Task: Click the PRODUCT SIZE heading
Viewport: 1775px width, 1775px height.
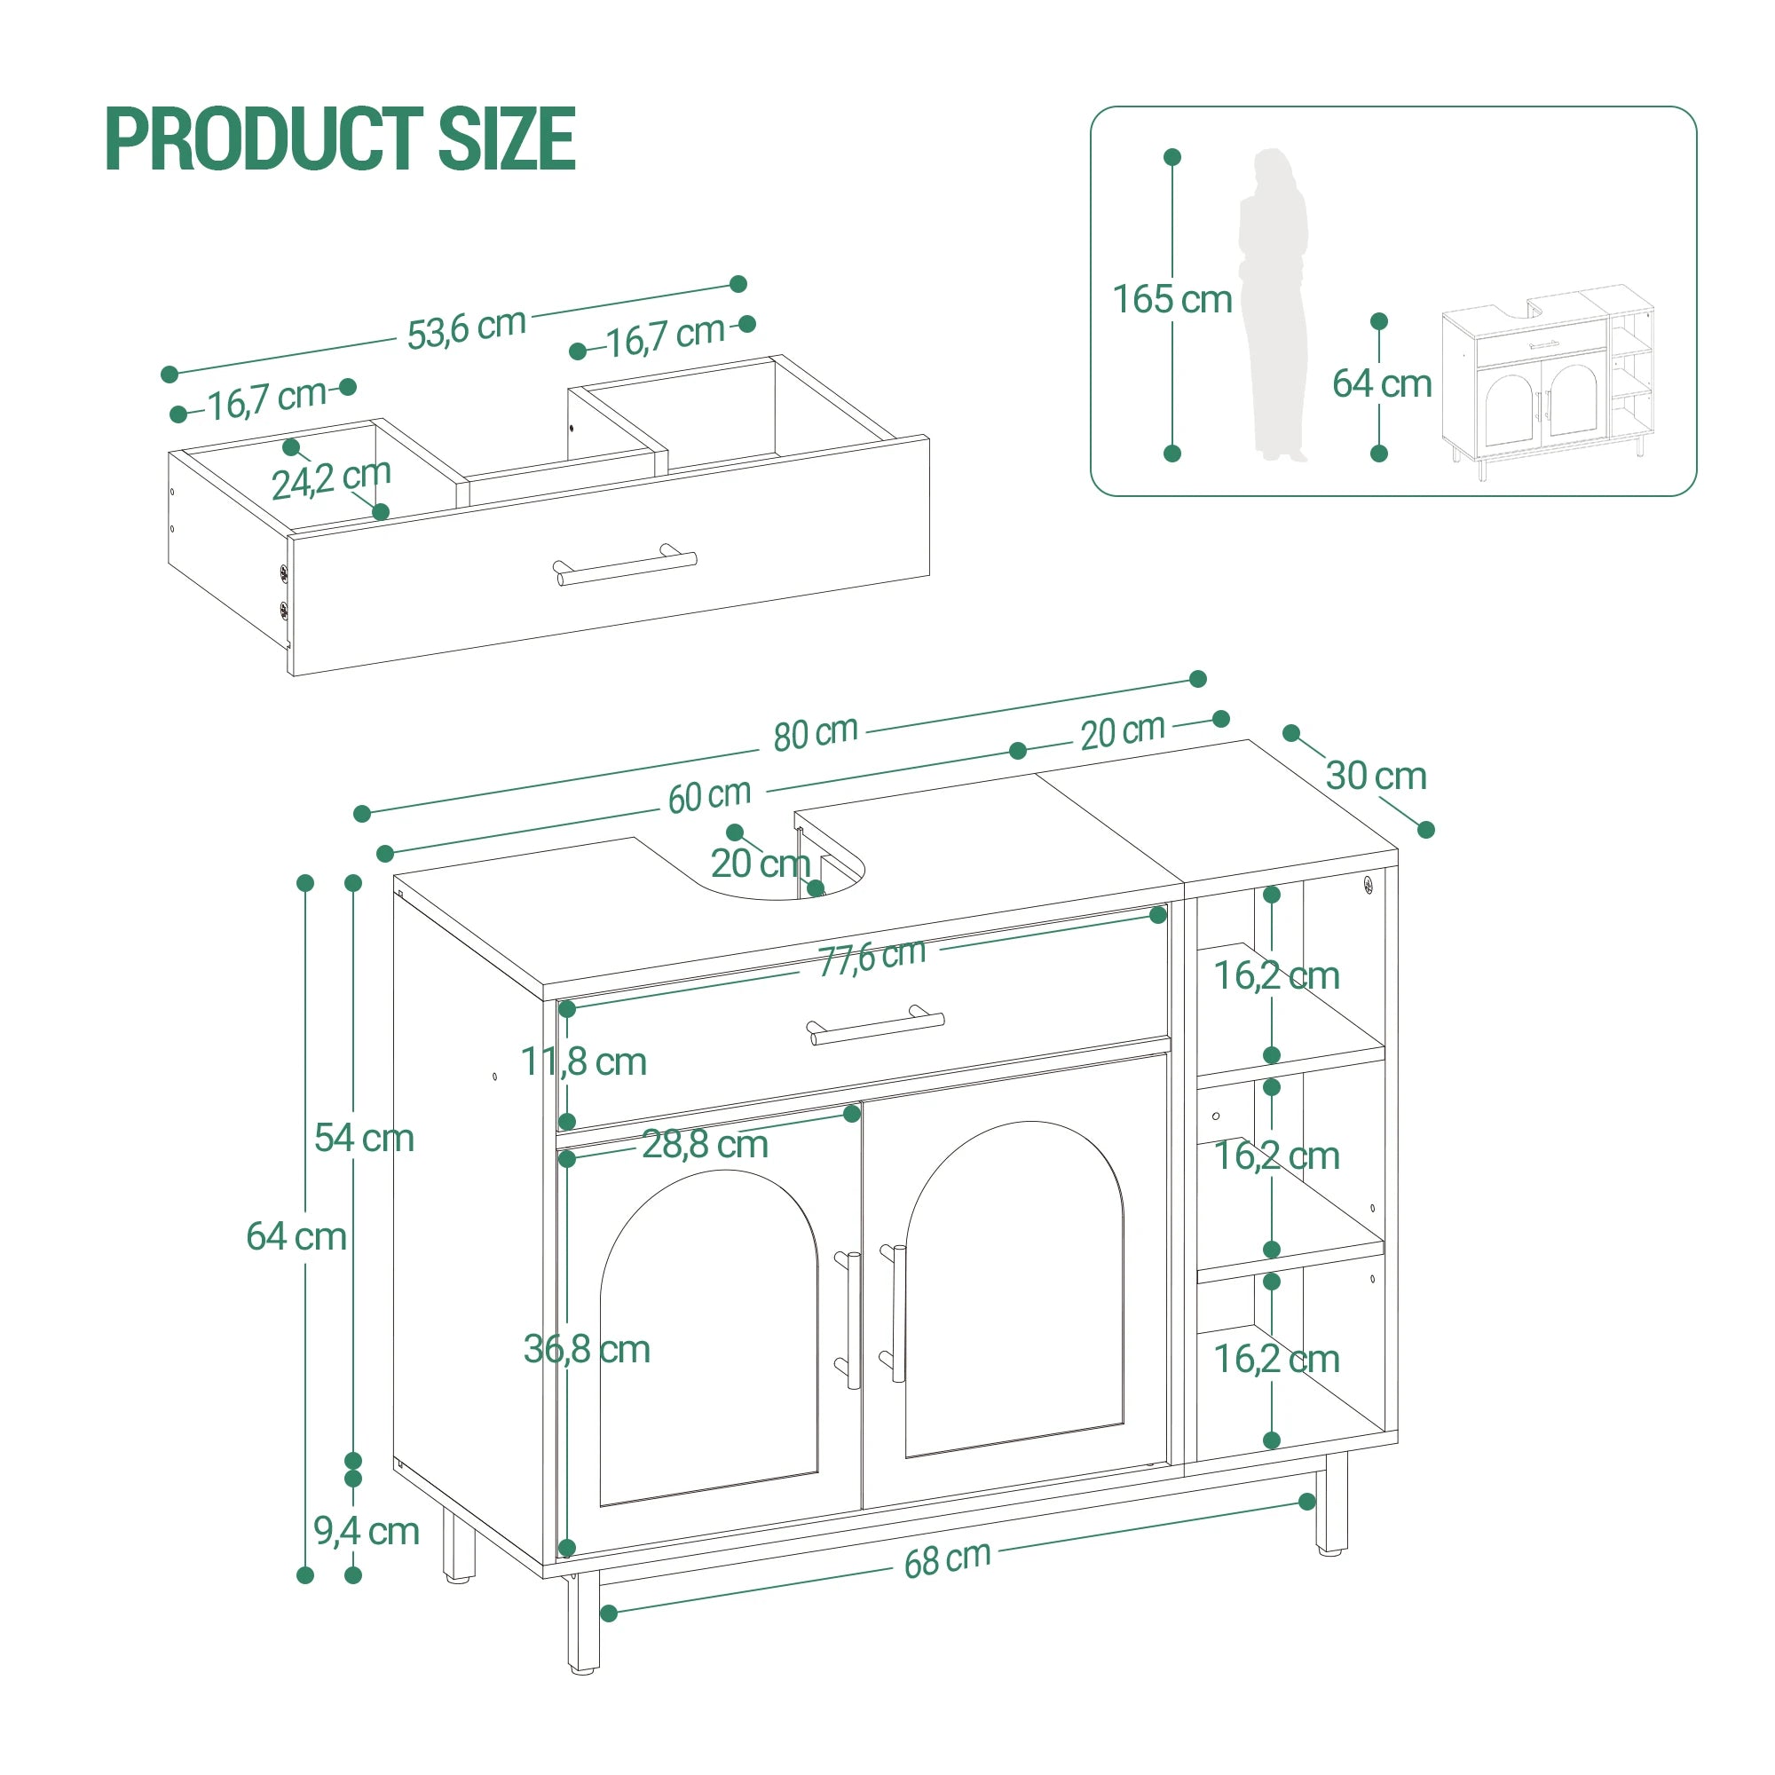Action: [x=340, y=139]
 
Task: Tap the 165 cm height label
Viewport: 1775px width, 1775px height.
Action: [x=1171, y=299]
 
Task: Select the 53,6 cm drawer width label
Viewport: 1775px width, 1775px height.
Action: [x=466, y=329]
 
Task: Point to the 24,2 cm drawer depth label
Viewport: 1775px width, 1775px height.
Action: [x=331, y=478]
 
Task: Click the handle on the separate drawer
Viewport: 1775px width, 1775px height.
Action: [x=625, y=564]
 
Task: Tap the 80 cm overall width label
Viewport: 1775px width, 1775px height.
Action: [x=815, y=734]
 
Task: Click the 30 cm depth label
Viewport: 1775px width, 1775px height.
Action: [x=1376, y=777]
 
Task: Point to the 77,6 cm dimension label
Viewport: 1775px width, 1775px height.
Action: [x=872, y=958]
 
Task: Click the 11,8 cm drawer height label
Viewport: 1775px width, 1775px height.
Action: [x=583, y=1062]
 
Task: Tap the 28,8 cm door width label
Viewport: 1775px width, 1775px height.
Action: [x=705, y=1145]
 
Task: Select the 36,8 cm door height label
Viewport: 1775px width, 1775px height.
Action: [x=586, y=1350]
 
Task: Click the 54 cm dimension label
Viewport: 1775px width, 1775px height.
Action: [x=364, y=1139]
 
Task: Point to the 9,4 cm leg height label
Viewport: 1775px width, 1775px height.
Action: [x=366, y=1531]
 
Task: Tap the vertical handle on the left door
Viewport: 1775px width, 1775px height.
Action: [x=852, y=1321]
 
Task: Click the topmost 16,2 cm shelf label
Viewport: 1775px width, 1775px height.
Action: [x=1276, y=975]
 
